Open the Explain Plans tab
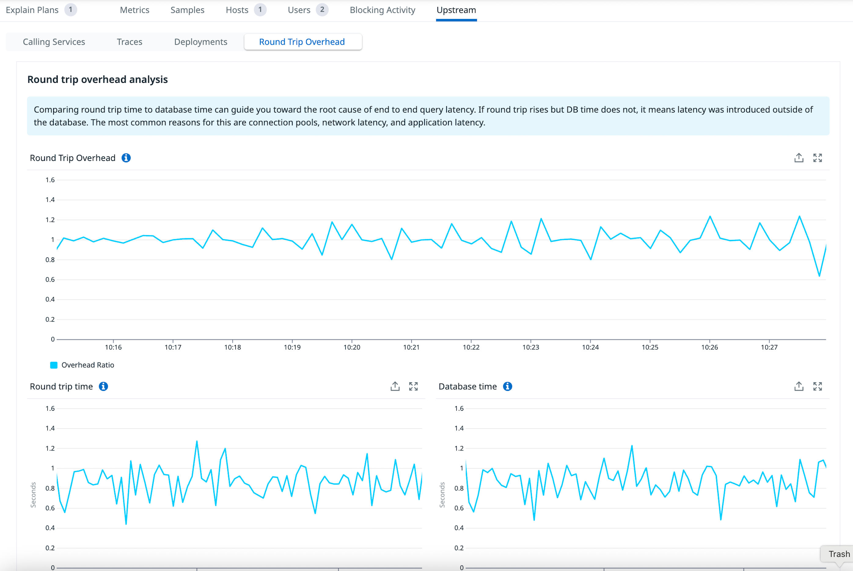pyautogui.click(x=32, y=10)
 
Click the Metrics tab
pyautogui.click(x=134, y=10)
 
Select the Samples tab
pyautogui.click(x=187, y=10)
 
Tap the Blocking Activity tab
pyautogui.click(x=382, y=10)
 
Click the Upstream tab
pyautogui.click(x=456, y=10)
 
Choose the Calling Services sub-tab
pyautogui.click(x=54, y=42)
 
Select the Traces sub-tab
pyautogui.click(x=129, y=42)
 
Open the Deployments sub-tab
pyautogui.click(x=200, y=42)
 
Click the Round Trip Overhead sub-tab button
pyautogui.click(x=302, y=42)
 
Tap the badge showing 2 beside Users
pyautogui.click(x=322, y=10)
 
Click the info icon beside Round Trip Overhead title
pyautogui.click(x=126, y=158)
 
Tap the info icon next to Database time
pyautogui.click(x=507, y=386)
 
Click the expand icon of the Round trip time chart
pyautogui.click(x=413, y=386)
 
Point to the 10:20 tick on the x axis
pyautogui.click(x=352, y=347)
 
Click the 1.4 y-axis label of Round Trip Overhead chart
pyautogui.click(x=50, y=200)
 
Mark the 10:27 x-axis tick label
pyautogui.click(x=769, y=347)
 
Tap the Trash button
pyautogui.click(x=839, y=554)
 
